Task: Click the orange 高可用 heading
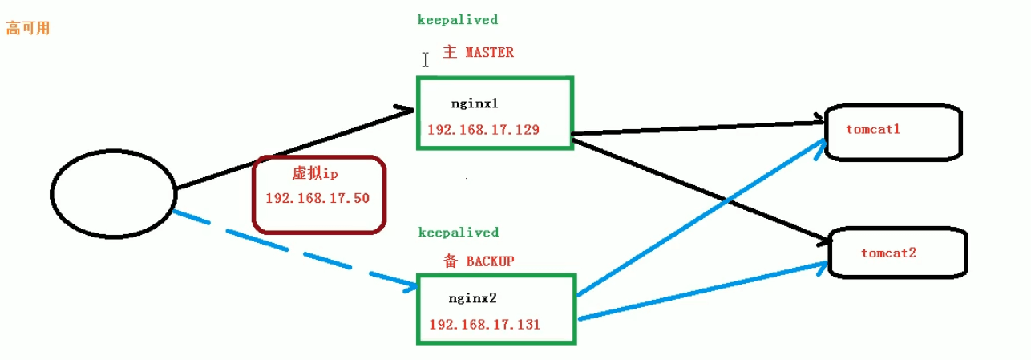click(x=27, y=29)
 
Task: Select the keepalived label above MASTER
click(x=458, y=20)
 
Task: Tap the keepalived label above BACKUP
click(x=459, y=232)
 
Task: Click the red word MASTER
click(x=489, y=52)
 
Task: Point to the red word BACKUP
click(x=490, y=261)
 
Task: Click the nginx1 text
click(x=475, y=103)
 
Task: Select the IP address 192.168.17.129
click(x=483, y=129)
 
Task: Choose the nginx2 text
click(x=473, y=298)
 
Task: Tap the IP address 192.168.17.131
click(x=485, y=325)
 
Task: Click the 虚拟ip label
click(x=315, y=173)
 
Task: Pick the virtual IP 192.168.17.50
click(x=317, y=198)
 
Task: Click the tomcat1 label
click(x=873, y=129)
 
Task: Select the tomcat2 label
click(x=889, y=253)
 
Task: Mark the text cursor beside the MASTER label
click(x=425, y=60)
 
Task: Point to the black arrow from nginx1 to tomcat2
click(x=700, y=191)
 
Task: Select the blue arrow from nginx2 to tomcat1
click(x=702, y=216)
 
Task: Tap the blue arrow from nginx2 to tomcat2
click(x=703, y=290)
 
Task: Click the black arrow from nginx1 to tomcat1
click(x=697, y=128)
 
